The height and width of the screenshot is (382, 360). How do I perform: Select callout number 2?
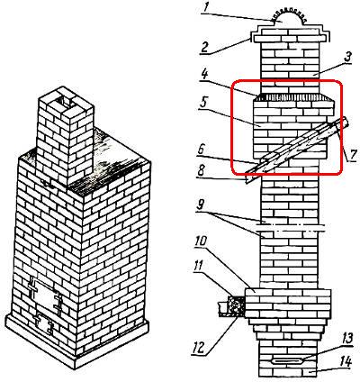pyautogui.click(x=205, y=47)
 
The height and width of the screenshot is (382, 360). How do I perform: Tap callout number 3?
pyautogui.click(x=347, y=58)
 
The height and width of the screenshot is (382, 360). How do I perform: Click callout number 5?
pyautogui.click(x=204, y=103)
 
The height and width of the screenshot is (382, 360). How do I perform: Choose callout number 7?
pyautogui.click(x=354, y=155)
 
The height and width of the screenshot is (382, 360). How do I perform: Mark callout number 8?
pyautogui.click(x=201, y=171)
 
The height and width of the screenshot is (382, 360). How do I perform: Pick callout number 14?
pyautogui.click(x=346, y=362)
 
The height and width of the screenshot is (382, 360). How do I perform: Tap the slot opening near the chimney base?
pyautogui.click(x=286, y=360)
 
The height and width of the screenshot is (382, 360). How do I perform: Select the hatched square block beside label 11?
pyautogui.click(x=237, y=305)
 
